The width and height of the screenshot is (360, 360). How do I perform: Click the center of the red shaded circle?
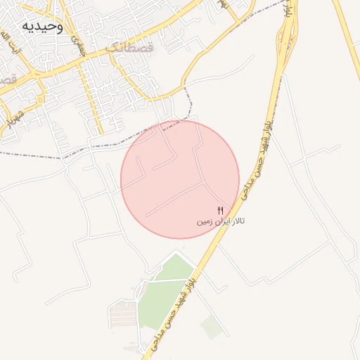180,179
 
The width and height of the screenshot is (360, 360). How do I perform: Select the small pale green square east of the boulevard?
211,327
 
